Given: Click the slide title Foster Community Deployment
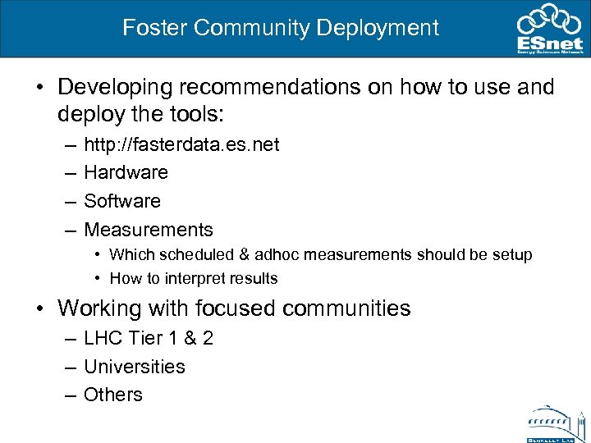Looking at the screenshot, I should [281, 28].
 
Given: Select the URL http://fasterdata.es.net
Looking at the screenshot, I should [181, 145].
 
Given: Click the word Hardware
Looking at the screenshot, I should [126, 173].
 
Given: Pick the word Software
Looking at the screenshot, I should [122, 201].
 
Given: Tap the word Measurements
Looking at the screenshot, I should [149, 230].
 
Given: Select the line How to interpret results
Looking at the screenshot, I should [194, 279].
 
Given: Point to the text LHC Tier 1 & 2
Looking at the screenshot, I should [149, 339].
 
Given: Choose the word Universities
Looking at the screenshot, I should [135, 367].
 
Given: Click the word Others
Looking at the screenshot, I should [113, 395].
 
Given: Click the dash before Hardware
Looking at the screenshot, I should [66, 173].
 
